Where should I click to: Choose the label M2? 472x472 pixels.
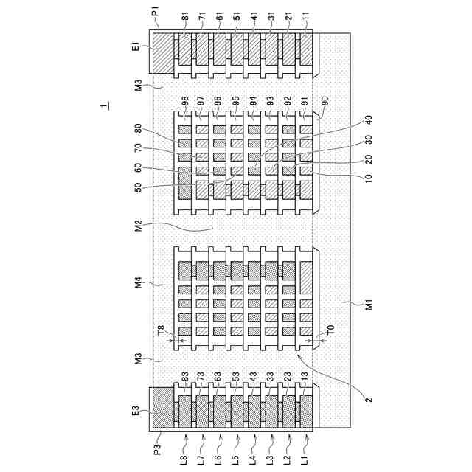[x=138, y=225]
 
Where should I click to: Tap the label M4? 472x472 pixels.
[x=138, y=281]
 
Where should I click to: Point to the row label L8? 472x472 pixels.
[x=184, y=459]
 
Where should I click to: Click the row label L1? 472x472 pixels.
[x=306, y=459]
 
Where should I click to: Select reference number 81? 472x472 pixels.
[x=184, y=15]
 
